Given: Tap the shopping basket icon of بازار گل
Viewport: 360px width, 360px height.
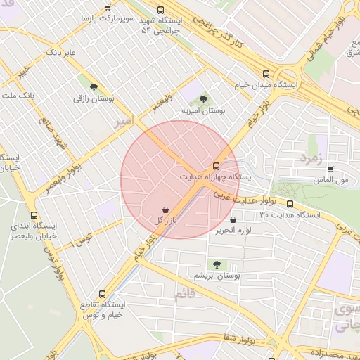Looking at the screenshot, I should pyautogui.click(x=165, y=210).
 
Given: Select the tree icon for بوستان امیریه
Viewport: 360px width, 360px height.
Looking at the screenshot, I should pyautogui.click(x=203, y=99).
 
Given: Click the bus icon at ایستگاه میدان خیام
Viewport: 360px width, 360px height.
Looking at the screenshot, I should pyautogui.click(x=266, y=73).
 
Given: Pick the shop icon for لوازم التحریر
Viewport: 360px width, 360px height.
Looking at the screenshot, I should pyautogui.click(x=233, y=219).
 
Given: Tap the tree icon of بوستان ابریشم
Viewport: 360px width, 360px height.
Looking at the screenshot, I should pyautogui.click(x=217, y=264).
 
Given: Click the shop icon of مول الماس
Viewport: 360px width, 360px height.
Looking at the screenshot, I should pyautogui.click(x=330, y=169).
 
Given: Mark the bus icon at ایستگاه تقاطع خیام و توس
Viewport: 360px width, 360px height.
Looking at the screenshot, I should pyautogui.click(x=103, y=295).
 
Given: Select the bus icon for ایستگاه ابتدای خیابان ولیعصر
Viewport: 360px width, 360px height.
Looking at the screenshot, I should pyautogui.click(x=34, y=215).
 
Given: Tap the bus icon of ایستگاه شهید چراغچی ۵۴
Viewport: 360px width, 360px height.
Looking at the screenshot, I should pyautogui.click(x=161, y=10).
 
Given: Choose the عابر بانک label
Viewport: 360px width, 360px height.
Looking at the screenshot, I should pyautogui.click(x=60, y=52).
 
